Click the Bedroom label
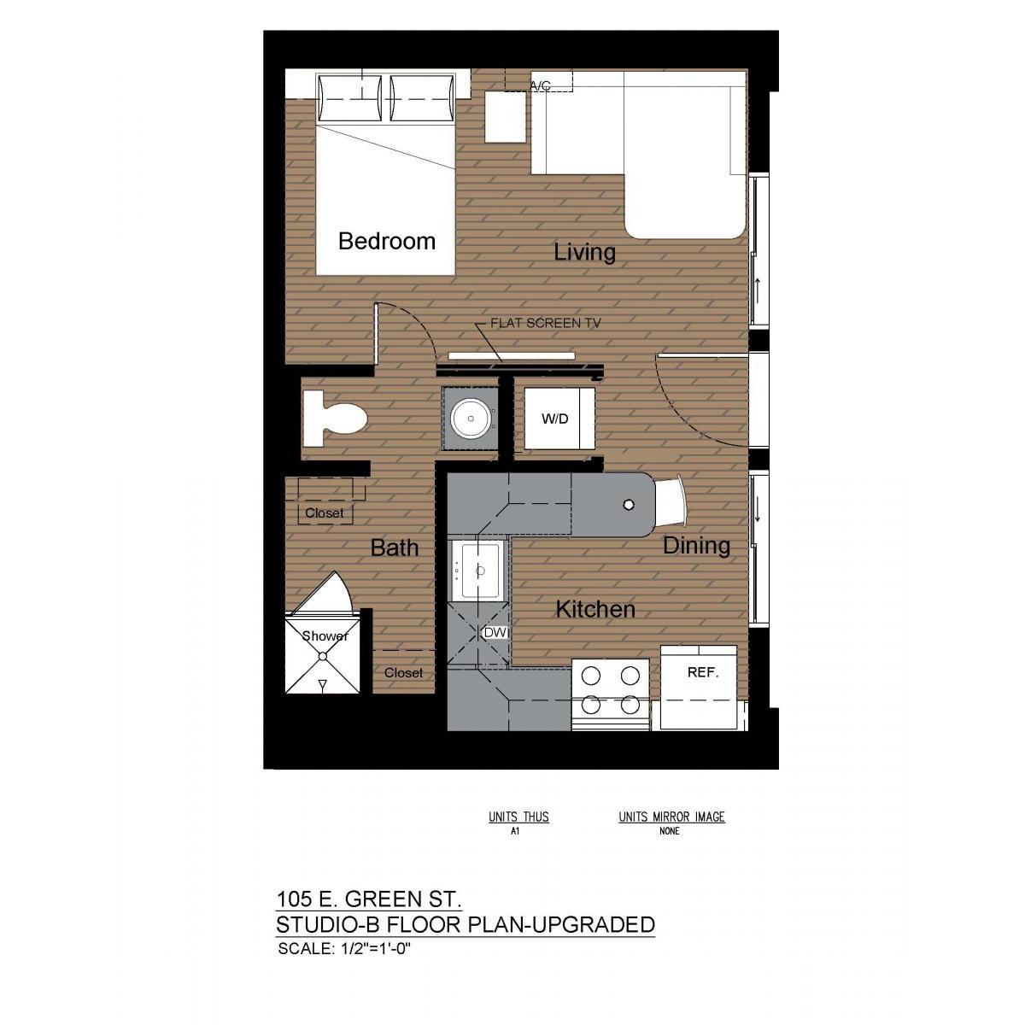point(387,242)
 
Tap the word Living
point(584,252)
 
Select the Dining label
point(696,546)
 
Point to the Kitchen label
point(595,609)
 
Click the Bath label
point(394,548)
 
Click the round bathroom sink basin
point(471,418)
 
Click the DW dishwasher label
point(495,633)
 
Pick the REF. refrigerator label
point(703,672)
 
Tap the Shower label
point(325,636)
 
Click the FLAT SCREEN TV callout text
point(545,324)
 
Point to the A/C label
point(540,85)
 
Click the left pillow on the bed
point(350,98)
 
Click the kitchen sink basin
point(481,571)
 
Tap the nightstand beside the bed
point(506,116)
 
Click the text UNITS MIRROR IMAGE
point(671,817)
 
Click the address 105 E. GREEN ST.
point(368,899)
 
